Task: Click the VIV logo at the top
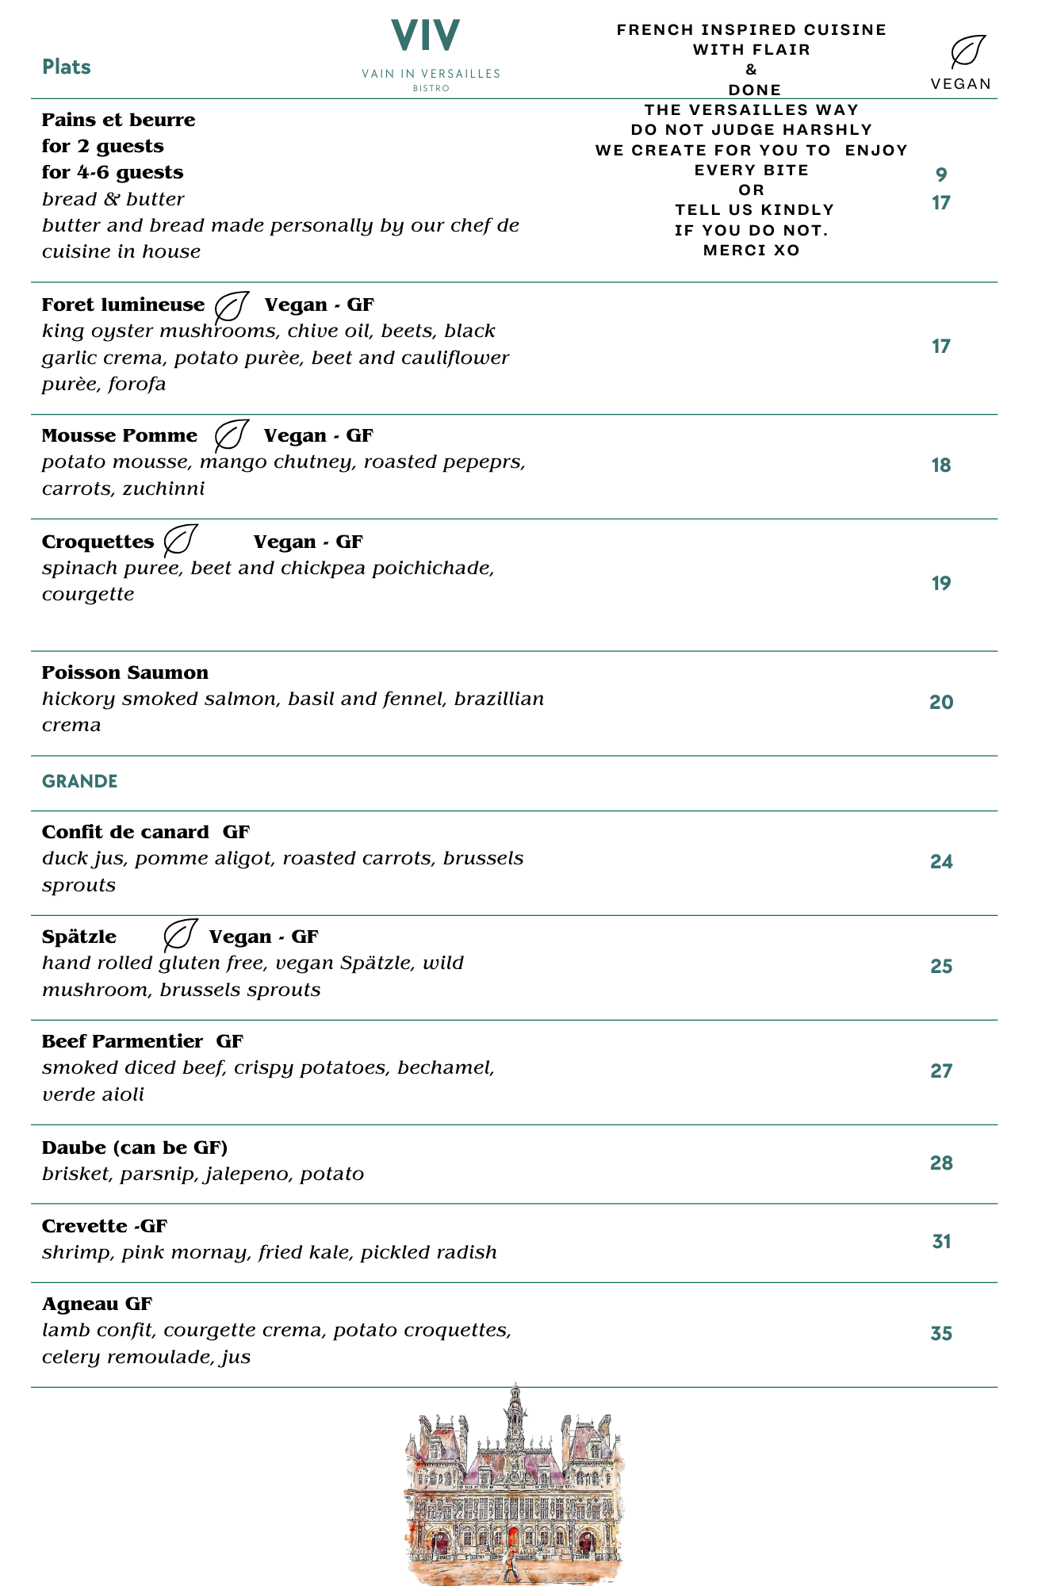point(426,36)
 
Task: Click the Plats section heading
point(67,67)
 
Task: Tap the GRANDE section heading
point(79,781)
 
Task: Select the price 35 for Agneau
point(941,1333)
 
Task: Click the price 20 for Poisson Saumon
point(941,702)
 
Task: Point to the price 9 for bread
point(941,174)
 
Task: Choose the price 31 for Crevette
point(941,1241)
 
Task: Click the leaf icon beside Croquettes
point(180,540)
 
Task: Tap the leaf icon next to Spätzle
point(180,935)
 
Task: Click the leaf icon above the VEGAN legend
point(968,52)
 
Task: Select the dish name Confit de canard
point(125,832)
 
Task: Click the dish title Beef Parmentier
point(122,1041)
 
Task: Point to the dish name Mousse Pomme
point(120,435)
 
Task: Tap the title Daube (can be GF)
point(135,1147)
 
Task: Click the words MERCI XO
point(751,251)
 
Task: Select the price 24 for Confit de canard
point(941,861)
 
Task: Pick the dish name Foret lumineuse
point(123,305)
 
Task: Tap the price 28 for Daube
point(941,1163)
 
